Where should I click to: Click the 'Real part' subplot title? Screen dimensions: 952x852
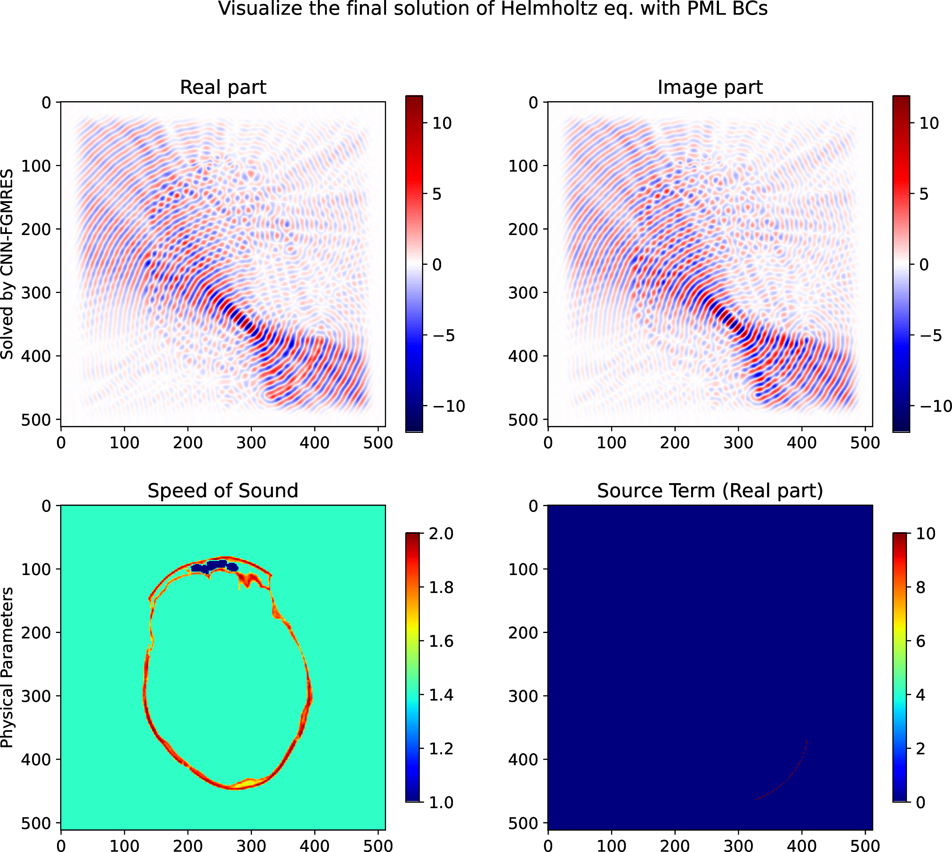tap(223, 87)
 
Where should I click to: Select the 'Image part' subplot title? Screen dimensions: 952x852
tap(710, 87)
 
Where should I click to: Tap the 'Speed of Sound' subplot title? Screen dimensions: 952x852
tap(223, 491)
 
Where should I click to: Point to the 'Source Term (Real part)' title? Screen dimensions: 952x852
tap(710, 491)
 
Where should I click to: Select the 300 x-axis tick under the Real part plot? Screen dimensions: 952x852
tap(251, 442)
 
